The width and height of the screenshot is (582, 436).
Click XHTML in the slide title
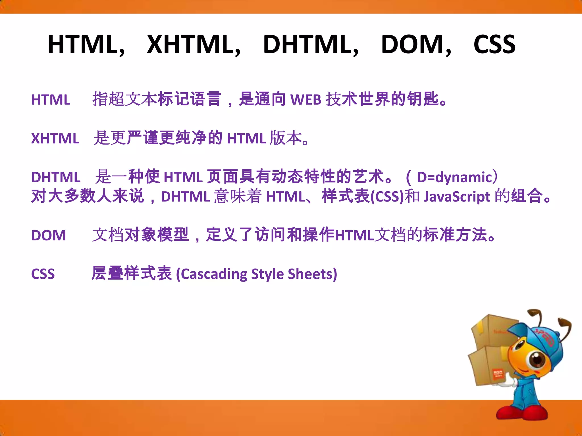pyautogui.click(x=193, y=45)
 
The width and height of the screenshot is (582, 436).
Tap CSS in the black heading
pyautogui.click(x=494, y=45)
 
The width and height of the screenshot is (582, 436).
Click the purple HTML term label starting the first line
pyautogui.click(x=51, y=100)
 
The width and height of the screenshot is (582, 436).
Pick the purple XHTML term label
pyautogui.click(x=55, y=139)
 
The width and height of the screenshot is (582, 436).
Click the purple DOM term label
pyautogui.click(x=49, y=235)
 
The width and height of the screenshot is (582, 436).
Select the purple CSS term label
pyautogui.click(x=43, y=274)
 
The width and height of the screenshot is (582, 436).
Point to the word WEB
pyautogui.click(x=306, y=100)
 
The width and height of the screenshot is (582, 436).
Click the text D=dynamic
pyautogui.click(x=454, y=177)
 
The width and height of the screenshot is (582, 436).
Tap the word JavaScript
pyautogui.click(x=457, y=197)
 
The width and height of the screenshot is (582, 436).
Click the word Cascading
pyautogui.click(x=212, y=274)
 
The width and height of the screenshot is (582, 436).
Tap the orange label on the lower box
pyautogui.click(x=497, y=375)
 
